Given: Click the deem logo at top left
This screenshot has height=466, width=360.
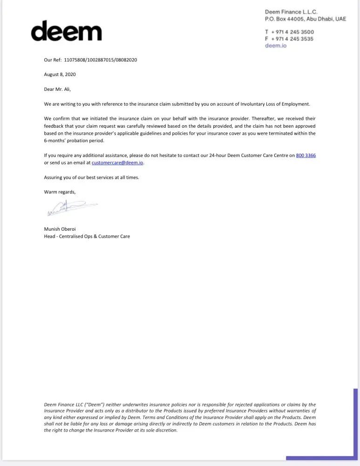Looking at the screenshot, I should pos(66,31).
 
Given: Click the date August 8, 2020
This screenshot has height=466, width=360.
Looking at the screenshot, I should pos(60,75).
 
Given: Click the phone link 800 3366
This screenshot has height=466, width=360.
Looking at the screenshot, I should pos(306,156).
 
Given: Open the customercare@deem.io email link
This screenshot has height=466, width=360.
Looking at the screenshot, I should pos(117,163).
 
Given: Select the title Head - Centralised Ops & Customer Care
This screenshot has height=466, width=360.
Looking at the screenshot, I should pos(87,236).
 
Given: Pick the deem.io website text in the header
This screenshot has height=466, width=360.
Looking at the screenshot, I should pos(276,46).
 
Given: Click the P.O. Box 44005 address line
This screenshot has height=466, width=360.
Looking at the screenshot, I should pos(306,19).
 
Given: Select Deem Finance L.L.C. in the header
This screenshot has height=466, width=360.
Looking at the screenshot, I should pos(291,12).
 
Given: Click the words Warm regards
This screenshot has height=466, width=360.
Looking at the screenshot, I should pos(60,192).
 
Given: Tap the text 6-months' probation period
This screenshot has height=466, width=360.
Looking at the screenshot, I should pos(74,141).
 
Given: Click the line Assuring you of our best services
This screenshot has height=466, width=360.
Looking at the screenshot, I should pos(91,178).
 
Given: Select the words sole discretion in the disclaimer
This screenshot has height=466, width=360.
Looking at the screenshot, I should pos(163,431).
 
